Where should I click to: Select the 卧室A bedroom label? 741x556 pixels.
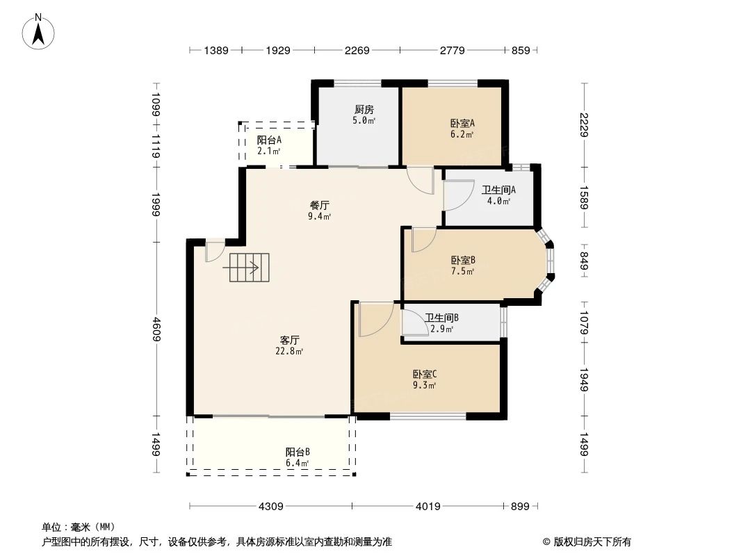click(x=462, y=123)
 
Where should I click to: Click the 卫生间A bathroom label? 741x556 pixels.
click(x=498, y=190)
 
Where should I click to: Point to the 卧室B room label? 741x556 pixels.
click(x=462, y=261)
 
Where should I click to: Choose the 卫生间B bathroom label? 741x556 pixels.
click(x=442, y=318)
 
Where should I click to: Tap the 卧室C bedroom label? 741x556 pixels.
click(x=424, y=374)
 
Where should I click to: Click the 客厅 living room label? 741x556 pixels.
click(x=290, y=340)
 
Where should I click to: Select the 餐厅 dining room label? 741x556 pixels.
click(x=319, y=206)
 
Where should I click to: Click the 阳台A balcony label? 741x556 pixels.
click(x=269, y=140)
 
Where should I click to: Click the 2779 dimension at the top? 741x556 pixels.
click(x=453, y=50)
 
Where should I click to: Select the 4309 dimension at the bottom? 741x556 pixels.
click(x=270, y=507)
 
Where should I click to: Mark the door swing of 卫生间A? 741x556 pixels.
click(x=454, y=196)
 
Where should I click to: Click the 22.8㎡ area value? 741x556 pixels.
click(x=290, y=352)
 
